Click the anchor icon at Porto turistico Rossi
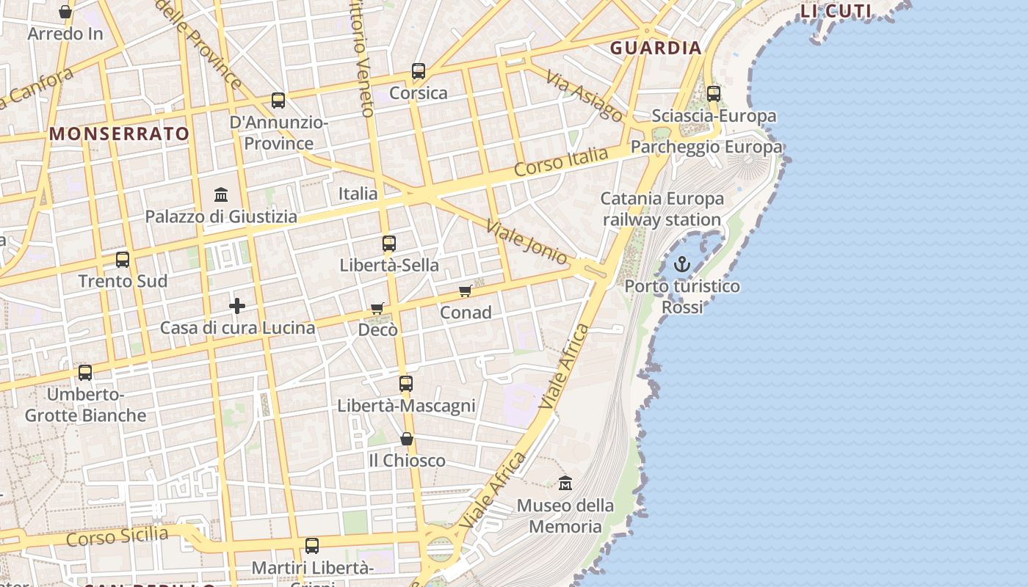coord(683,263)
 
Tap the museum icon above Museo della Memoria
coord(565,484)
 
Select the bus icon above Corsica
coord(419,71)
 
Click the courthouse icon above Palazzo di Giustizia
coord(221,194)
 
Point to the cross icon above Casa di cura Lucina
coord(236,306)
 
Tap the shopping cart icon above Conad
coord(465,291)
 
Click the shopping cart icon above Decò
coord(377,309)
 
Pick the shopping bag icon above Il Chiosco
coord(407,439)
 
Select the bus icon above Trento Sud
coord(123,260)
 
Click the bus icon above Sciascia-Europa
coord(714,94)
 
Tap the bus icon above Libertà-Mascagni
coord(406,383)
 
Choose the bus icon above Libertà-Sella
coord(389,244)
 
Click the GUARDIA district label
coord(656,48)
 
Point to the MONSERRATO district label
coord(120,134)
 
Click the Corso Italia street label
coord(561,161)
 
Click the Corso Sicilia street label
coord(117,536)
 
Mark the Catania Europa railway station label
coord(662,209)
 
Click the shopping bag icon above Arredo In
coord(65,12)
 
